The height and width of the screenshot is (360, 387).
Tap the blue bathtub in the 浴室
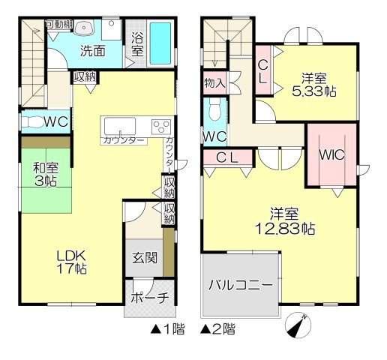tap(160, 45)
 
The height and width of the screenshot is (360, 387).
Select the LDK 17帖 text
tap(70, 262)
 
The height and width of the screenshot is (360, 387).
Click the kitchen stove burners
tap(161, 125)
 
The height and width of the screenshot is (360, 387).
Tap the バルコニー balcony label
tap(240, 286)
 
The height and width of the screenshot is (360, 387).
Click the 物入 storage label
tap(214, 82)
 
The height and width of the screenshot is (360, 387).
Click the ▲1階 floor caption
tap(167, 328)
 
